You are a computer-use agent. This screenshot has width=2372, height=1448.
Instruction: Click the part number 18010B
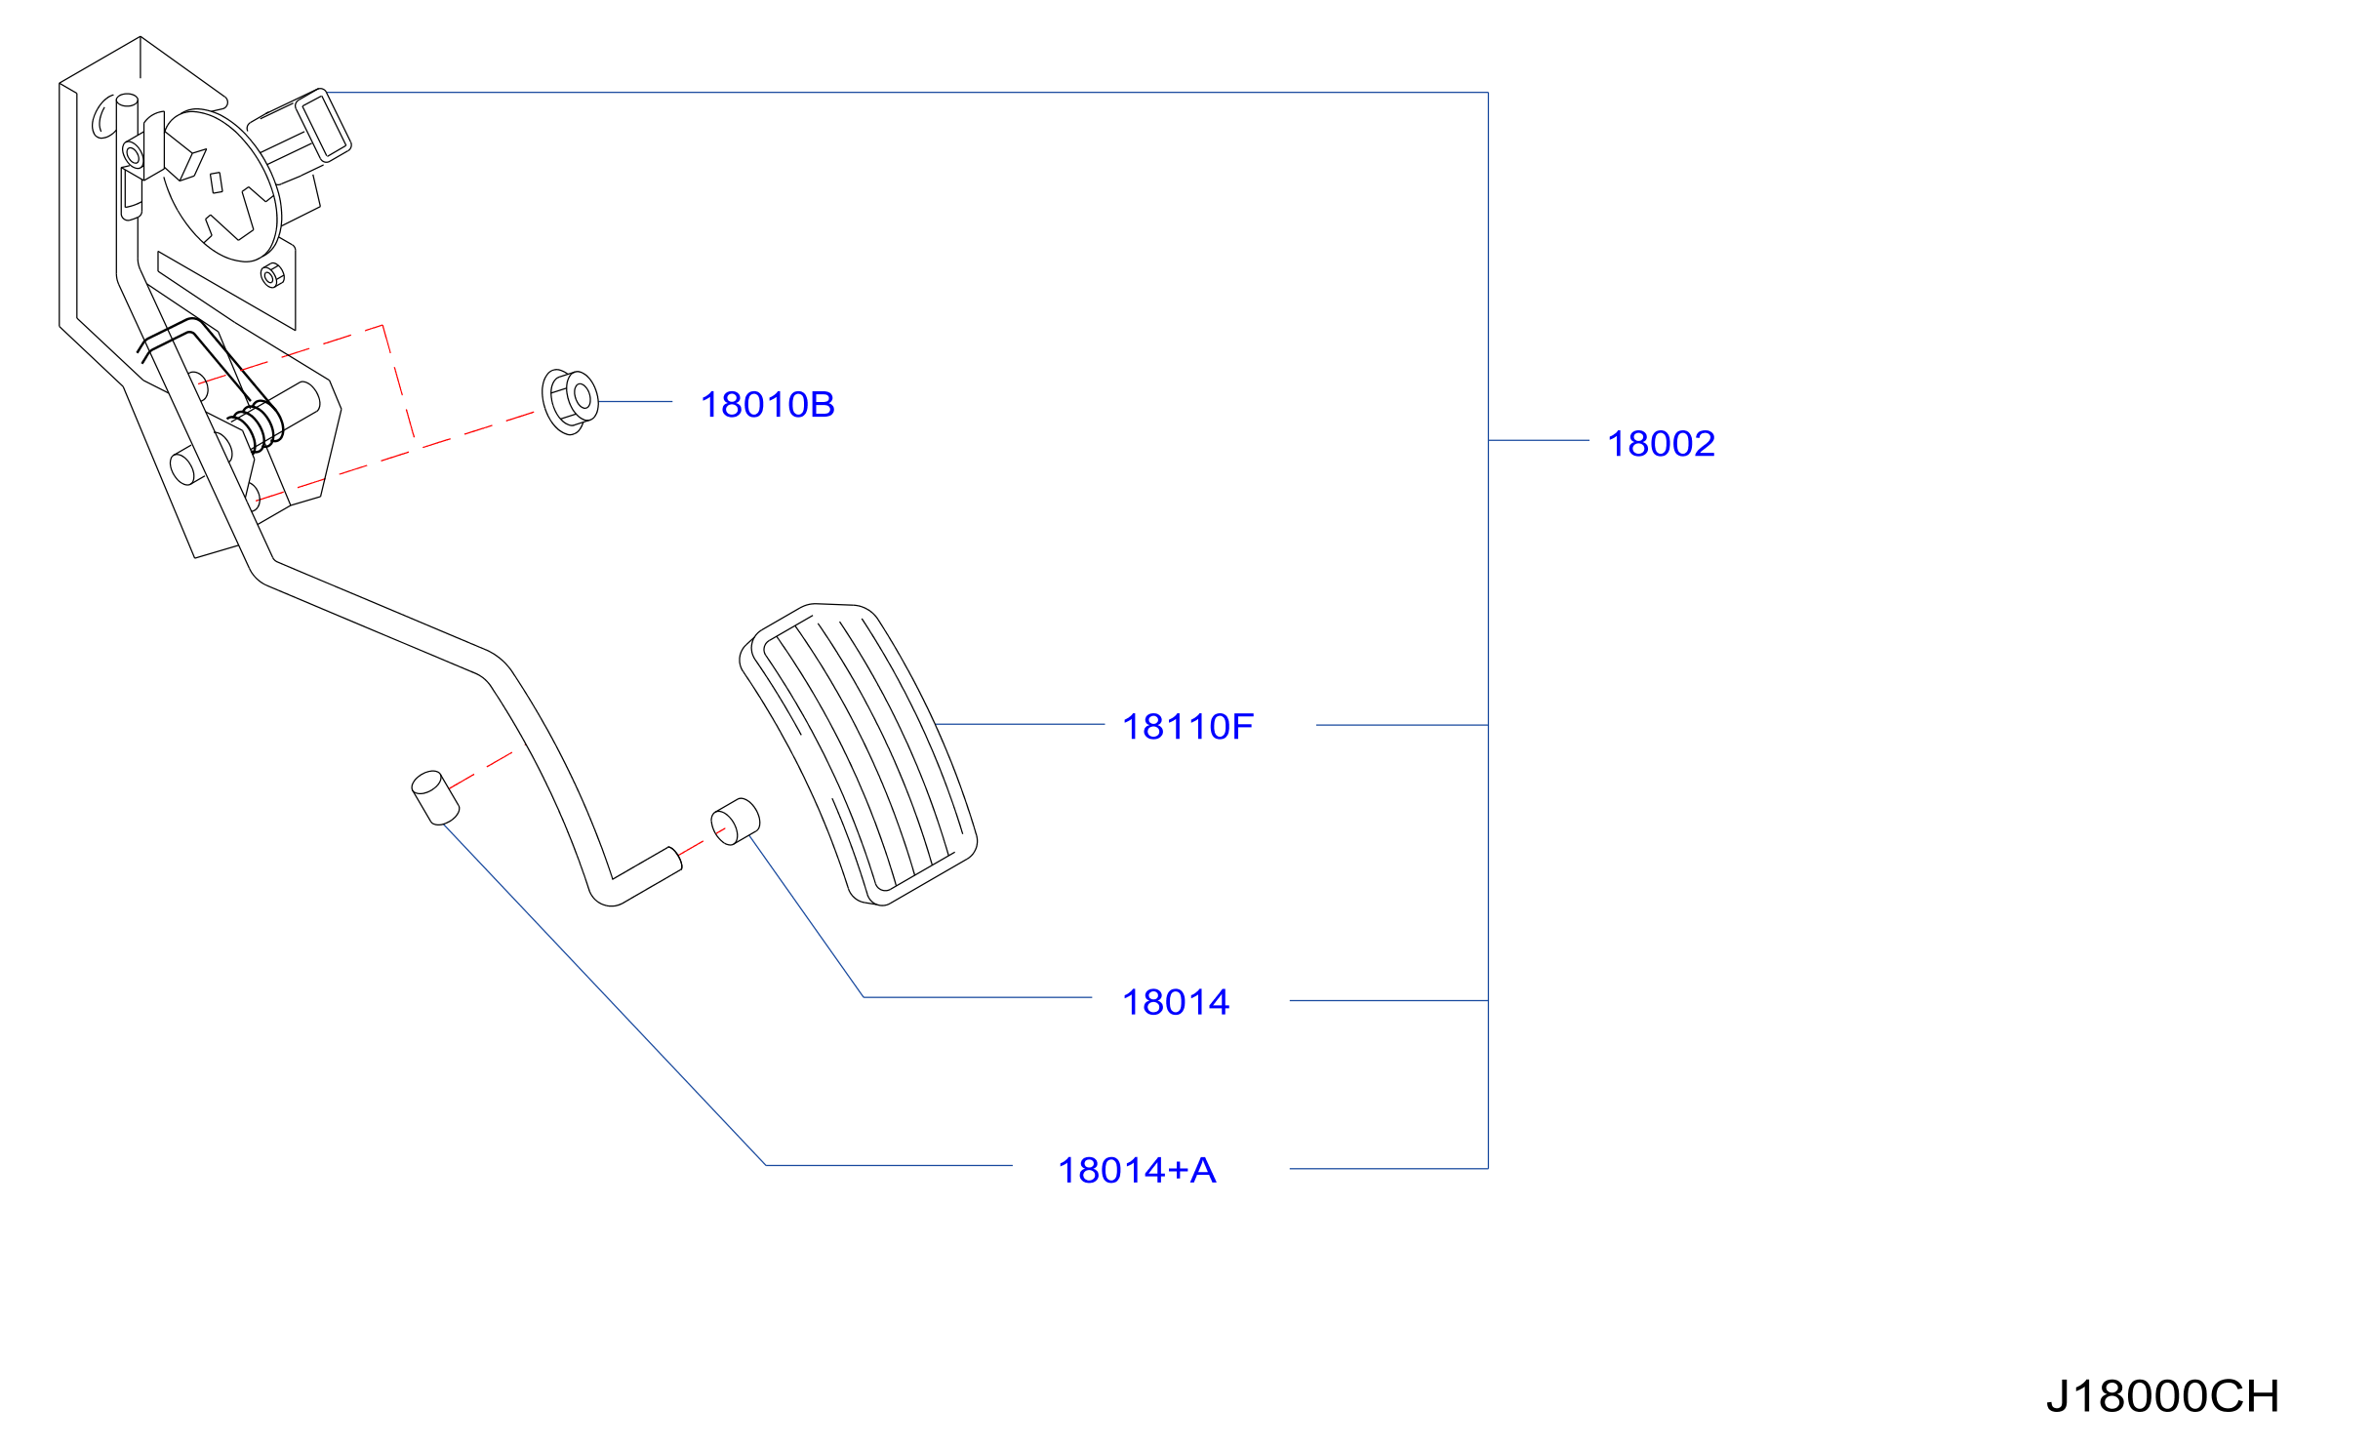point(767,405)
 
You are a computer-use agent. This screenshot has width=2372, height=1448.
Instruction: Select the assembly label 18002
point(1661,444)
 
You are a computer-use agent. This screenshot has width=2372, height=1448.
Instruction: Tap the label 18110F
point(1187,727)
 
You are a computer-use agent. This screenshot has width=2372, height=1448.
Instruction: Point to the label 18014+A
point(1137,1171)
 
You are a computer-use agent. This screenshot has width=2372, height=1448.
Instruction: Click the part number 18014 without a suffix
point(1175,1002)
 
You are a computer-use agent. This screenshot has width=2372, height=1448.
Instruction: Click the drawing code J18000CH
point(2162,1396)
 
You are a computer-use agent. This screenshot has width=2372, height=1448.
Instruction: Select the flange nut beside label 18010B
point(570,402)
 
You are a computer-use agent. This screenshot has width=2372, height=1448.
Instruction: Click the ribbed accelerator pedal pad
point(859,754)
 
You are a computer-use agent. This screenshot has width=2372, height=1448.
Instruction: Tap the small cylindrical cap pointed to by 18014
point(735,822)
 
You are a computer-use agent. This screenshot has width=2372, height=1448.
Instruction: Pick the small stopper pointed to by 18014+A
point(435,798)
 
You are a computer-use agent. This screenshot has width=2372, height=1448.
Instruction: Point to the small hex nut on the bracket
point(273,276)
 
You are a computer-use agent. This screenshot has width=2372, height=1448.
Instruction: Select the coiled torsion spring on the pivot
point(258,426)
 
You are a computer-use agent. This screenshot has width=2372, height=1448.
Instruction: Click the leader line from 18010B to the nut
point(635,402)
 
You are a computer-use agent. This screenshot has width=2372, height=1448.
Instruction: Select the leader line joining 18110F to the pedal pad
point(1020,725)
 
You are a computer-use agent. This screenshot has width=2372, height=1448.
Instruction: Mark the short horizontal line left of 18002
point(1539,441)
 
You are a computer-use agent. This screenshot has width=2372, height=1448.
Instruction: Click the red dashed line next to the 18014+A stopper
point(480,771)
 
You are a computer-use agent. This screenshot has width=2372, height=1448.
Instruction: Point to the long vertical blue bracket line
point(1488,630)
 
